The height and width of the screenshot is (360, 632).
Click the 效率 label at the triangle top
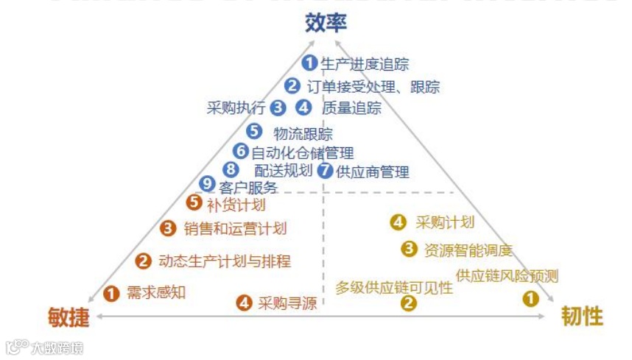pos(326,23)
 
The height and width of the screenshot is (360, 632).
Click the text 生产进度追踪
pos(365,64)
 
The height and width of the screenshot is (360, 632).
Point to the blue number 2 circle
pos(292,86)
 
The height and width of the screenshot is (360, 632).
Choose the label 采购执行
pos(236,108)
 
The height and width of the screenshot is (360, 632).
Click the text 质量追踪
pos(351,108)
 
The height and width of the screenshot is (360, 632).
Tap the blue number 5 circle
pos(254,132)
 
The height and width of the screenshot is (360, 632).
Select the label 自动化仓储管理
pos(303,153)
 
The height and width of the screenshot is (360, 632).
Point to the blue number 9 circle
pos(207,185)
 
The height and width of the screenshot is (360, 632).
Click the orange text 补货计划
pos(236,204)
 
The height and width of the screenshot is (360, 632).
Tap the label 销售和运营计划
pos(235,229)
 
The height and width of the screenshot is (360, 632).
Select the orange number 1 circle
pos(111,293)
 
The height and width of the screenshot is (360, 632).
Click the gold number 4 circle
pos(398,222)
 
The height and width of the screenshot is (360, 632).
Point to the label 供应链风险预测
pos(507,276)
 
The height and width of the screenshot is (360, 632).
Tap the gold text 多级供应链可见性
pos(394,287)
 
